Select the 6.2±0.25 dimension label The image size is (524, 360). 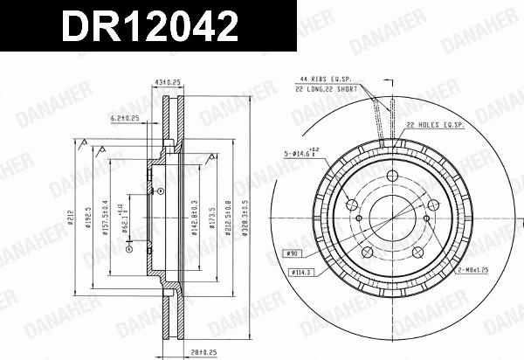click(126, 117)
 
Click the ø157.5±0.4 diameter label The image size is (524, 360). click(107, 215)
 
